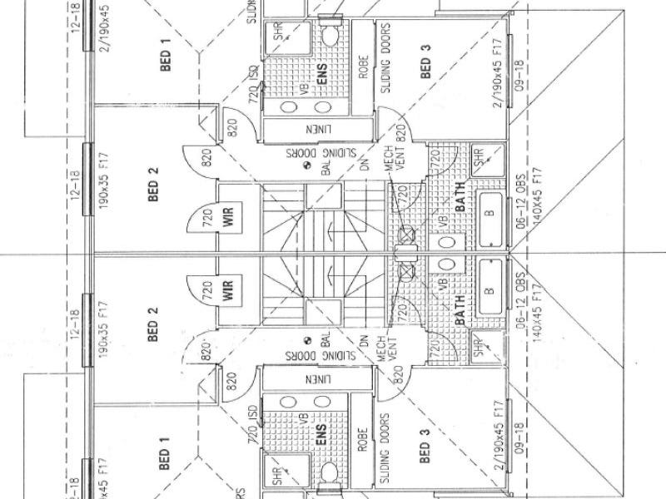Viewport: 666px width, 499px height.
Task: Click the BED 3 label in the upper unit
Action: (x=425, y=64)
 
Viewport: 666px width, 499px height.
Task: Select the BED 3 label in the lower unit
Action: (x=425, y=449)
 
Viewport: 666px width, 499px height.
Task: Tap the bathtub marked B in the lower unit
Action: (x=490, y=290)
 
